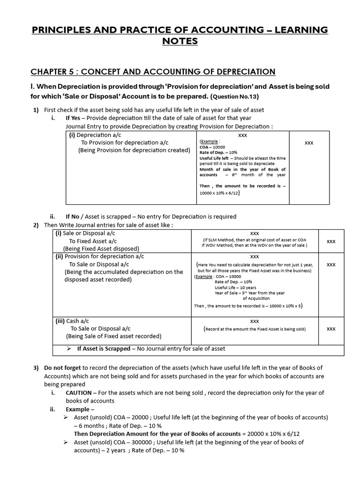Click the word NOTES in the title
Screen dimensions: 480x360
[x=180, y=42]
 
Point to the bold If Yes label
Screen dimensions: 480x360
[x=75, y=118]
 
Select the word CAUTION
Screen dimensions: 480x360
[x=78, y=393]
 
